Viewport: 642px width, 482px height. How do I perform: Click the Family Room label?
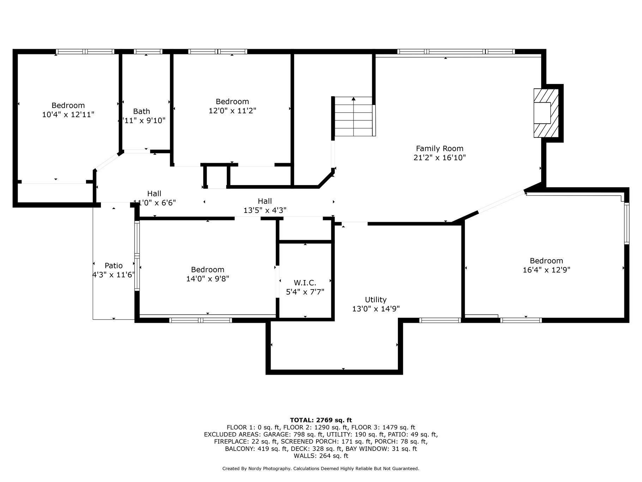pos(440,149)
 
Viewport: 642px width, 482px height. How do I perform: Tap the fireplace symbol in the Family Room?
pos(546,113)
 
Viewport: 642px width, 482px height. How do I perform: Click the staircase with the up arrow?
pos(354,116)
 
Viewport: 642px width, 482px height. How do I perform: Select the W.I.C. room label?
pos(305,283)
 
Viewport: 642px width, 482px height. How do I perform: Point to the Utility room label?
pos(376,300)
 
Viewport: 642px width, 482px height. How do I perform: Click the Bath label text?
pos(141,111)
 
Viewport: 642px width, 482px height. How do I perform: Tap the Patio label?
pos(114,266)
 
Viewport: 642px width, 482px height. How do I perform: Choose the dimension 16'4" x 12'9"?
pos(546,270)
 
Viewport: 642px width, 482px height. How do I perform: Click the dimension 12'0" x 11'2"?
pos(232,111)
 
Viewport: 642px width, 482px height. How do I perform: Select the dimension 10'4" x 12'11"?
pos(68,114)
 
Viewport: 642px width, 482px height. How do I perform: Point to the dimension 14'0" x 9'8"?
pos(208,279)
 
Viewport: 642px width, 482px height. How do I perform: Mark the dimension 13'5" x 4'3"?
pos(265,210)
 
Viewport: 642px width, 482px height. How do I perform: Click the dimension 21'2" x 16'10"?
pos(440,158)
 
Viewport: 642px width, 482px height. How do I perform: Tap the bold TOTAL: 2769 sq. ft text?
pos(321,420)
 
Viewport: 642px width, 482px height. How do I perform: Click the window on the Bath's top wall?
pos(148,52)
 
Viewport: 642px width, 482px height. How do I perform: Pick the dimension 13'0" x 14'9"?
pos(376,309)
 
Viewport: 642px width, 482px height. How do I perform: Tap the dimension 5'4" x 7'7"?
pos(305,292)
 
